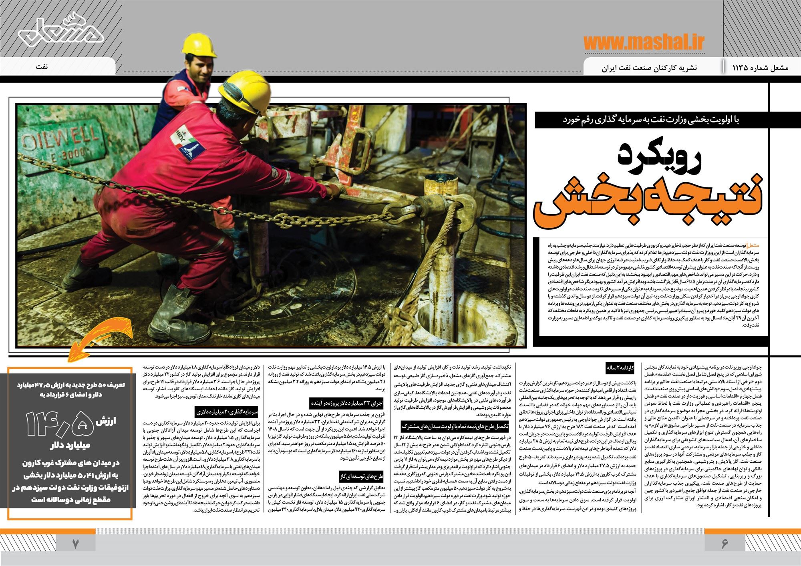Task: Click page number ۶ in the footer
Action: tap(725, 544)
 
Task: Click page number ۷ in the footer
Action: tap(76, 544)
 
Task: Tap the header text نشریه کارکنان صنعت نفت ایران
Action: tap(649, 68)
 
